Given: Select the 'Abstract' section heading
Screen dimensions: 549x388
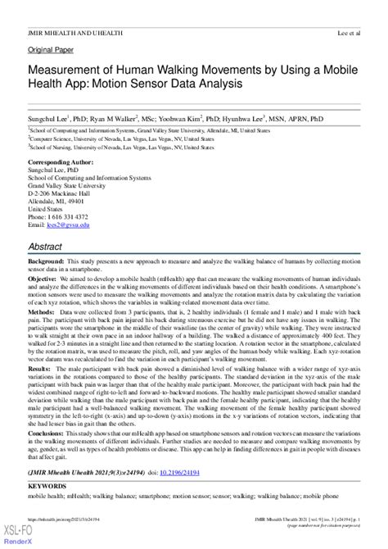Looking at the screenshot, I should [46, 244].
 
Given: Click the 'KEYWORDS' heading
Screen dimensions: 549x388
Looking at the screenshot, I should [48, 465].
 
